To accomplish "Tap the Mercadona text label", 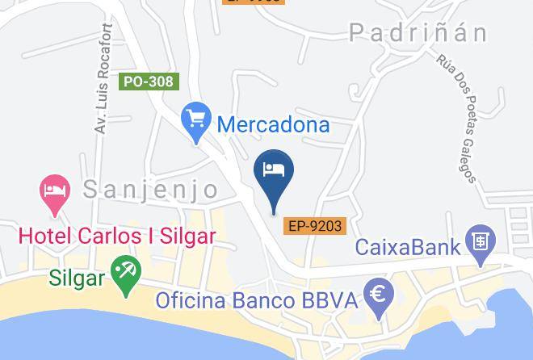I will click(274, 125).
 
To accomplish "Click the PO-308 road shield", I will click(149, 82).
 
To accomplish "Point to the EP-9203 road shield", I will click(315, 227).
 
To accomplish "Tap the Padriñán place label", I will click(418, 32).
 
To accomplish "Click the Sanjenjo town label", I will click(150, 190).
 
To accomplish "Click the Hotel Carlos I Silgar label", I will click(117, 236).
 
